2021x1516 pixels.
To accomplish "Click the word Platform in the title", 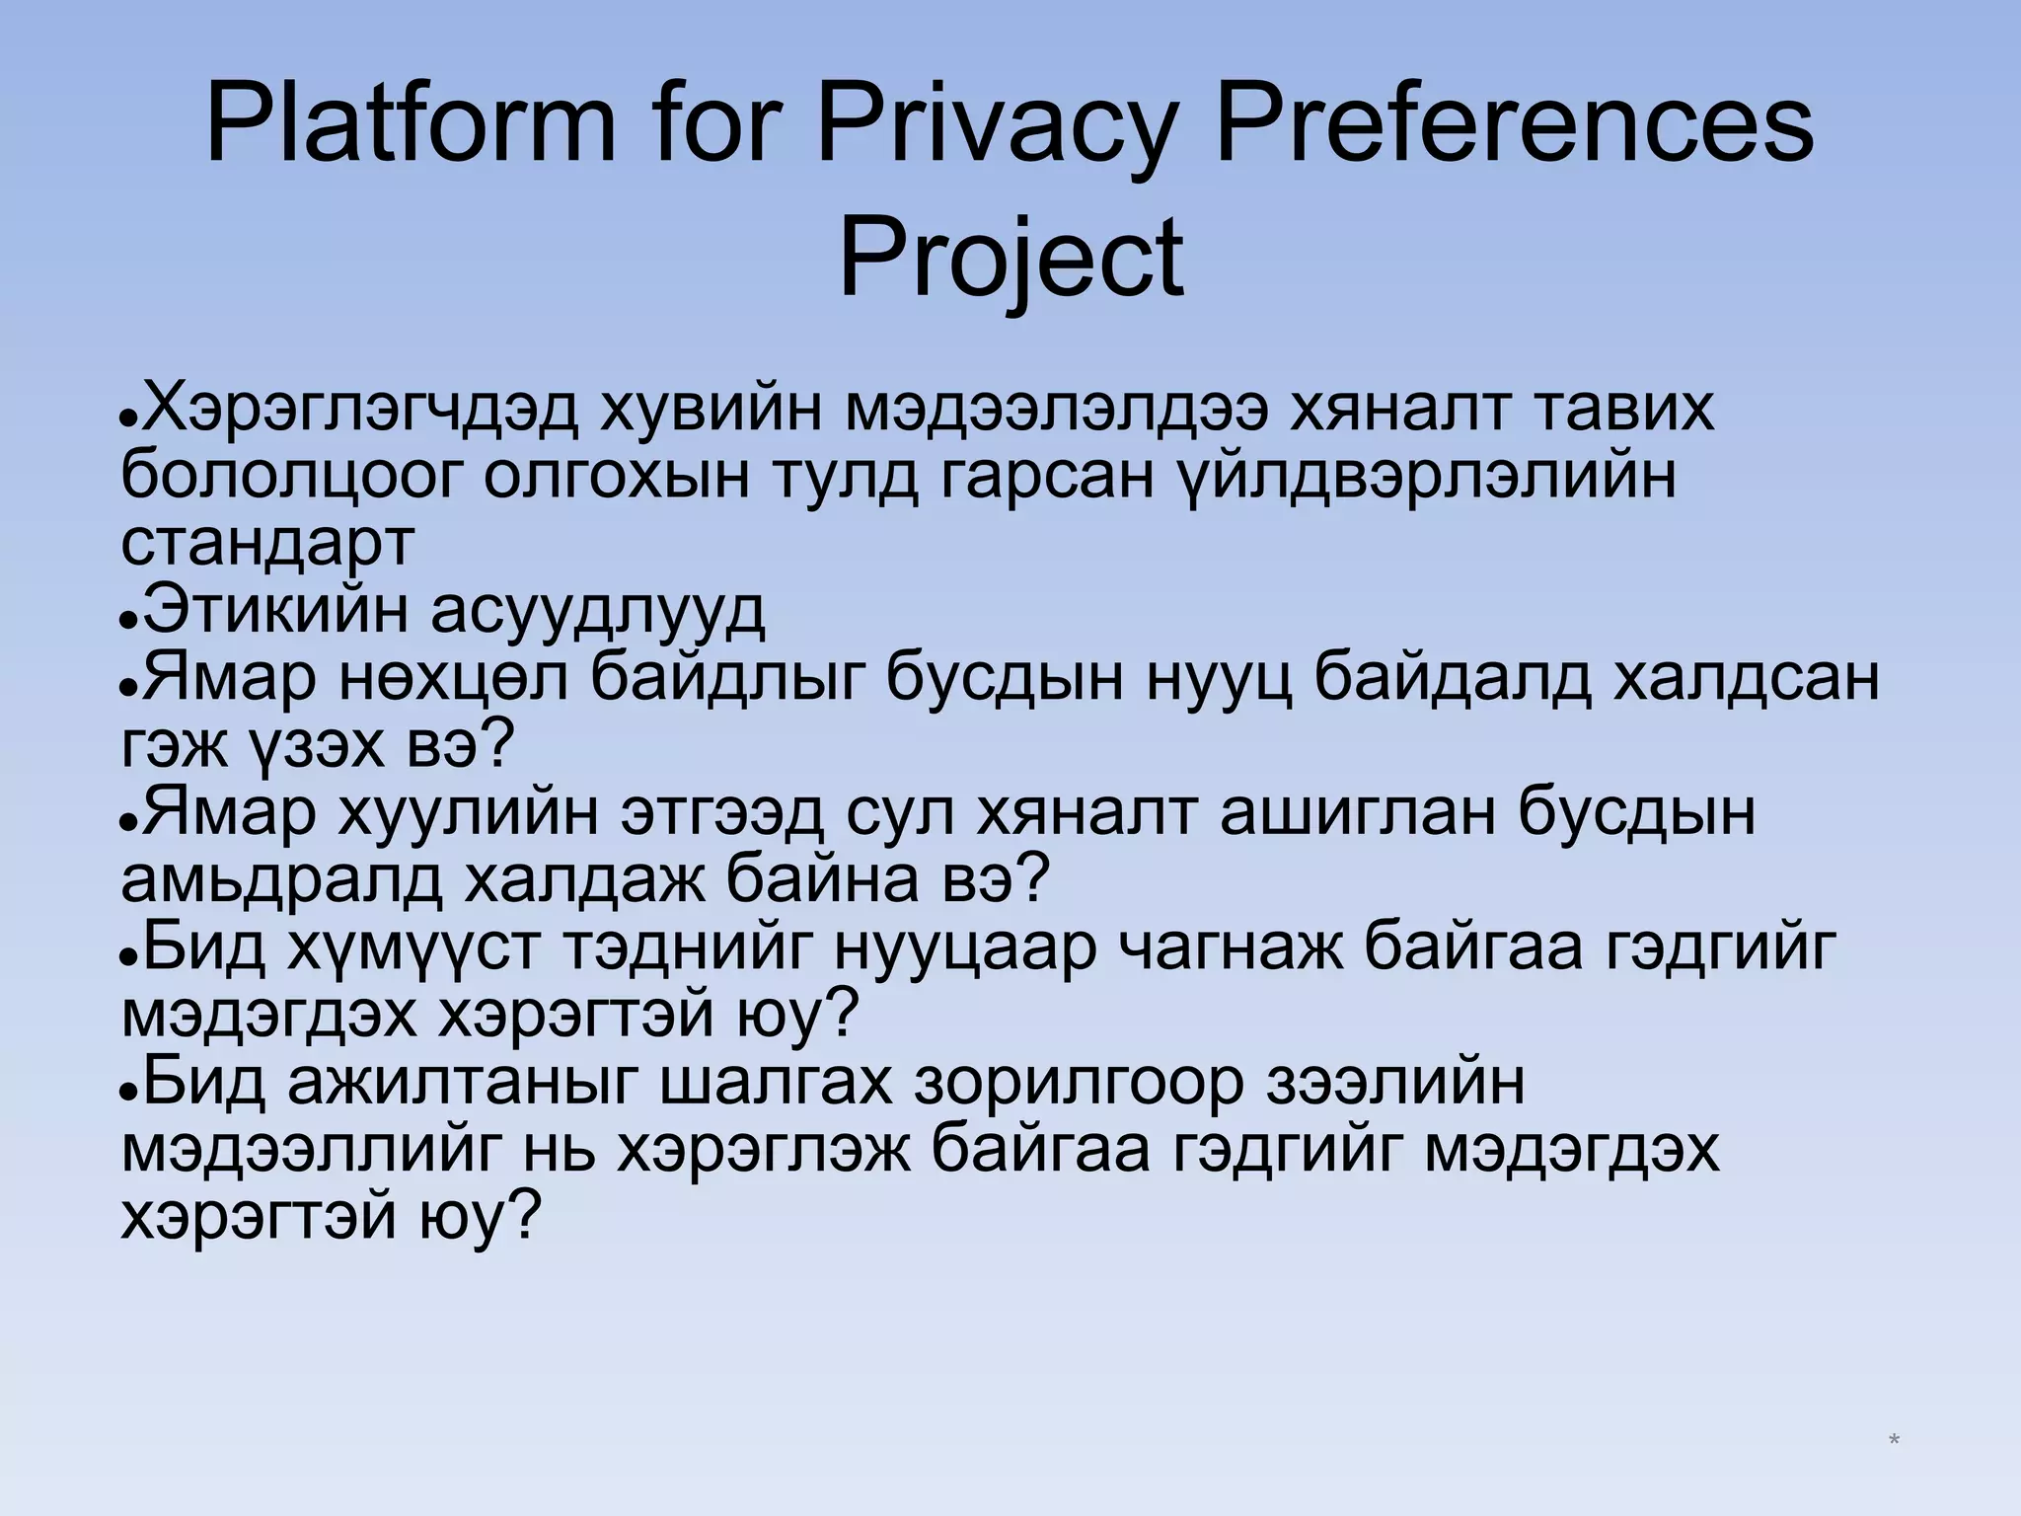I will pos(410,127).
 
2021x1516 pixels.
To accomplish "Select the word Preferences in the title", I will pos(1515,127).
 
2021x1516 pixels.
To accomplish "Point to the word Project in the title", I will pos(1010,258).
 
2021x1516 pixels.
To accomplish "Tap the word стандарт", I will pos(267,542).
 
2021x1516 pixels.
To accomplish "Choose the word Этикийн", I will pos(275,611).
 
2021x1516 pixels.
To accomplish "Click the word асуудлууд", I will pos(598,611).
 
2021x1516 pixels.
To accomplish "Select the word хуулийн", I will pos(469,813).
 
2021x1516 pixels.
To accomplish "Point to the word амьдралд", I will pos(282,880).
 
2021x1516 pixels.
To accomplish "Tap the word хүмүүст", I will pos(414,947).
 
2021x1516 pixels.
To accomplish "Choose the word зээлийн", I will pos(1397,1083).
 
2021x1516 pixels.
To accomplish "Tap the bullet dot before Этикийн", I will pos(126,624).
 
